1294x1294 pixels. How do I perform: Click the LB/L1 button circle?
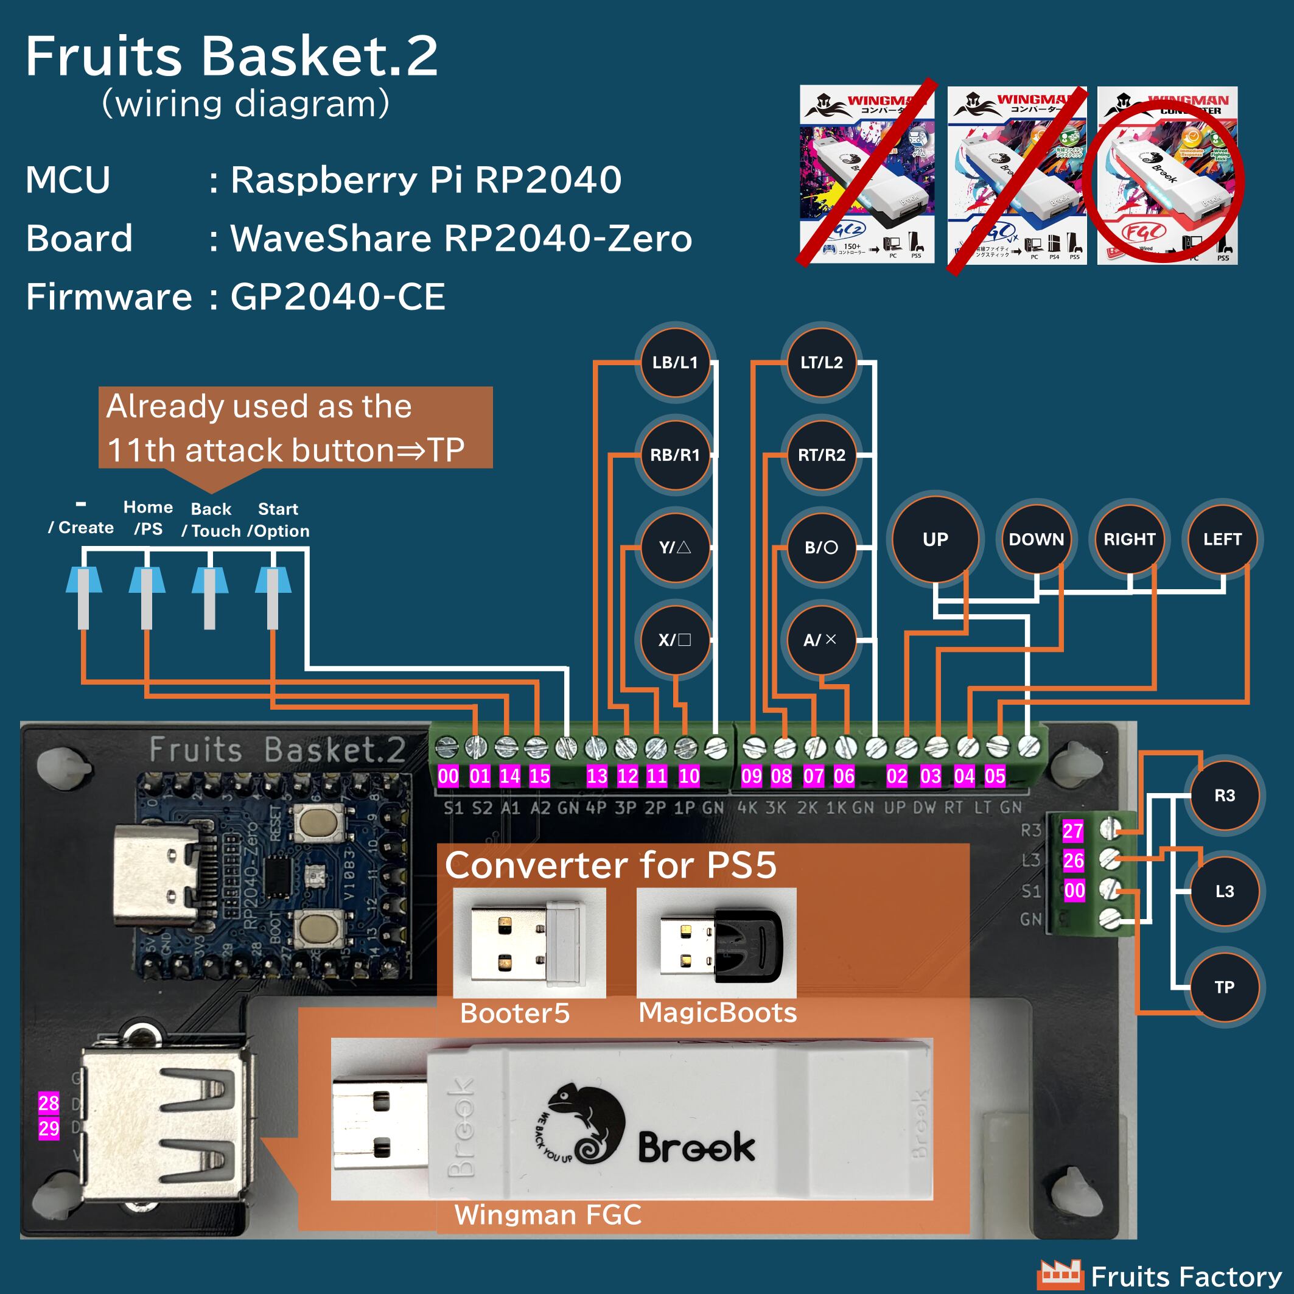[x=675, y=362]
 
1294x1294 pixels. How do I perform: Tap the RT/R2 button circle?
[x=821, y=455]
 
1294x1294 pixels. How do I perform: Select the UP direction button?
[x=935, y=539]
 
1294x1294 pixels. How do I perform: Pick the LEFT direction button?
[x=1222, y=539]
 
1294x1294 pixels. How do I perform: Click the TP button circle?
[x=1225, y=987]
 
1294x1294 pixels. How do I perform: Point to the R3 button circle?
[x=1225, y=796]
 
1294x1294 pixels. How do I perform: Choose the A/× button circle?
[x=820, y=640]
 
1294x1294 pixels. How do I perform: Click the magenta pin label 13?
[x=596, y=776]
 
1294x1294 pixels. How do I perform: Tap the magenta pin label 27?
[x=1073, y=831]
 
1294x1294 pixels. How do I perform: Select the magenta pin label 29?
[x=49, y=1128]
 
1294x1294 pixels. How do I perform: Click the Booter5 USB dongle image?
[x=529, y=943]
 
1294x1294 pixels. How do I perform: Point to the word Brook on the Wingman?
[x=696, y=1147]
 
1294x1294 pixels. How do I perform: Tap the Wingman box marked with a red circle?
[x=1167, y=175]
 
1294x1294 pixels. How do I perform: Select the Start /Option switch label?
[x=278, y=520]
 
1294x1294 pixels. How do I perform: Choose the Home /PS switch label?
[x=148, y=518]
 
